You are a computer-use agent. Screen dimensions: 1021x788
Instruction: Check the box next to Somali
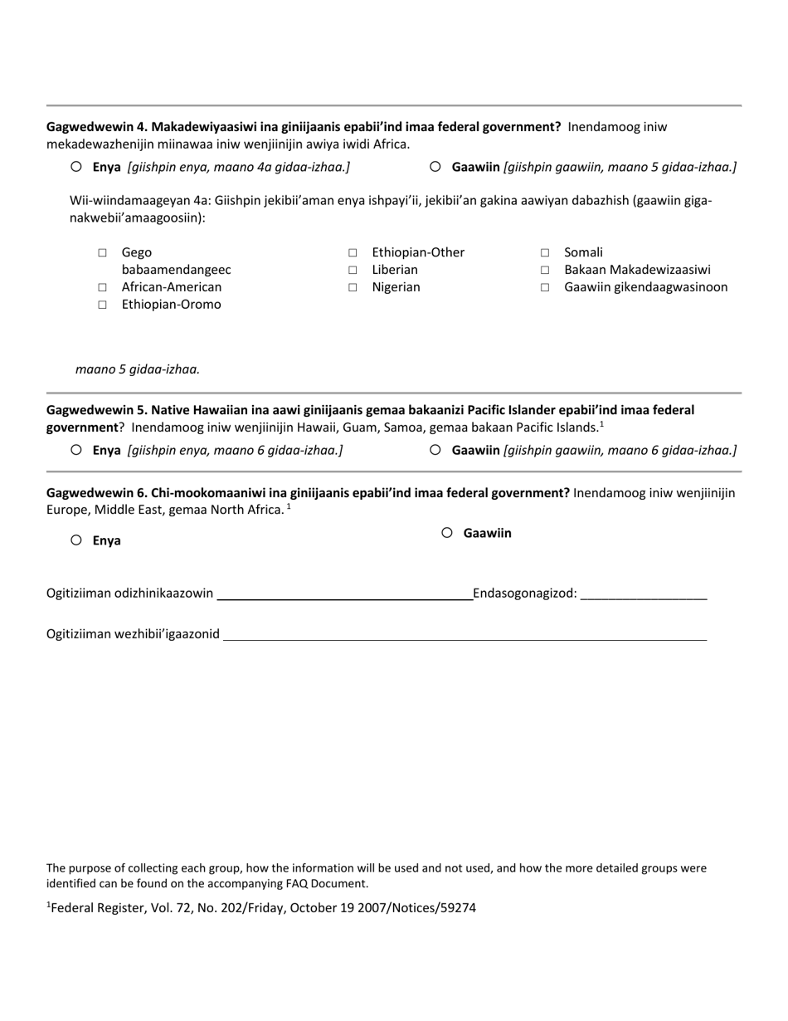point(545,252)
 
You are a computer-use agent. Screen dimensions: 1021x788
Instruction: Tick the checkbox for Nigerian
point(353,287)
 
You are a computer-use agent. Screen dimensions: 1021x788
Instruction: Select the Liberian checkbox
point(353,270)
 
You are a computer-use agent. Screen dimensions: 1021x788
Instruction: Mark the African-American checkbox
point(102,287)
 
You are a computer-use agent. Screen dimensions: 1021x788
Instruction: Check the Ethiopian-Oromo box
point(102,305)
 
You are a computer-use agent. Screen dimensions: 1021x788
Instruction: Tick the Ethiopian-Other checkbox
point(353,252)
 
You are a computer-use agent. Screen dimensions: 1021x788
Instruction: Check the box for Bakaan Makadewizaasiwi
point(545,270)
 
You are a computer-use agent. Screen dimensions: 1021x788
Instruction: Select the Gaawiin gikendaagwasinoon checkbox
point(545,287)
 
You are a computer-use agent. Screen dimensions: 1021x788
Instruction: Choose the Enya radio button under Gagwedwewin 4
point(76,166)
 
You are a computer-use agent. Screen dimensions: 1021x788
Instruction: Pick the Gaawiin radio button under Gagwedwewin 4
point(435,166)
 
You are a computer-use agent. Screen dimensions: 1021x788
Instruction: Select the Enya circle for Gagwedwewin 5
point(76,450)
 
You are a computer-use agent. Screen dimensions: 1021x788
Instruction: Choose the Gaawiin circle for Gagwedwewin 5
point(435,450)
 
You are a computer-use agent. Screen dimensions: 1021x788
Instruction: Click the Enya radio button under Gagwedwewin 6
point(76,540)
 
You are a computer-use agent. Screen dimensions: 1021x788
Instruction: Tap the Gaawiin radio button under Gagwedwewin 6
point(447,533)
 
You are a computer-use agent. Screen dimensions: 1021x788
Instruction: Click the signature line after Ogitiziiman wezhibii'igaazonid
point(465,634)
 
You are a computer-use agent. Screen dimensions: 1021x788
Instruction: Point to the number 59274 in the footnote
point(460,908)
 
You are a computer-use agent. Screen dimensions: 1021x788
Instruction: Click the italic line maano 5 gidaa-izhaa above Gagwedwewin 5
point(138,369)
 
